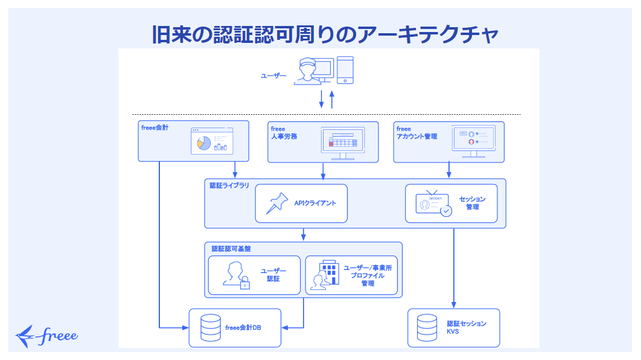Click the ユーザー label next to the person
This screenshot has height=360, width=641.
coord(273,76)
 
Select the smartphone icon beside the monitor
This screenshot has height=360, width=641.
coord(345,71)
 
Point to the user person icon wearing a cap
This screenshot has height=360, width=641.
coord(307,72)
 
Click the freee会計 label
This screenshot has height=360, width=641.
coord(155,128)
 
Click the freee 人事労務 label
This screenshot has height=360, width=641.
coord(283,133)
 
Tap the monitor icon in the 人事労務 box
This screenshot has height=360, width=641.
coord(343,143)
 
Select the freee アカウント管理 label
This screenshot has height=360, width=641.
coord(417,133)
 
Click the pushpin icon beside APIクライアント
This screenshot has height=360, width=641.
coord(278,203)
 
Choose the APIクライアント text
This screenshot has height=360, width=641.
coord(315,203)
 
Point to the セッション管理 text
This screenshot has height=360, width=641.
coord(472,203)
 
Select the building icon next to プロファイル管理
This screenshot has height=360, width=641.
coord(325,275)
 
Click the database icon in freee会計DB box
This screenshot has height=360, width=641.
coord(210,328)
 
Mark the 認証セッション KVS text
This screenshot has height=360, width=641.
coord(466,327)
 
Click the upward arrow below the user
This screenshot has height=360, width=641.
coord(331,98)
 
